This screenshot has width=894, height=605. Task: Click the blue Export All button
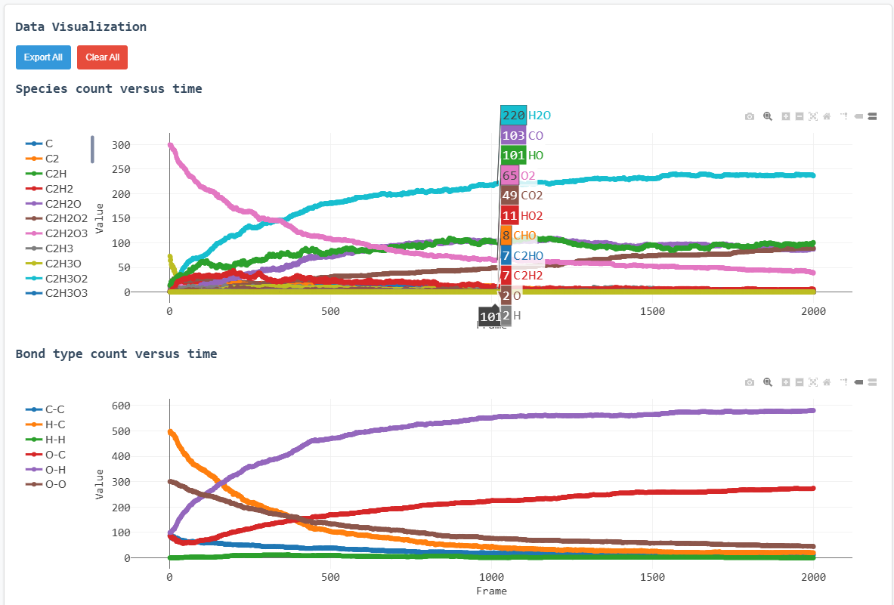pos(43,57)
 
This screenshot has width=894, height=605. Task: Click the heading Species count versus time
pos(109,88)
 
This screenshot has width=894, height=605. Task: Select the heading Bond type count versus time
pos(116,353)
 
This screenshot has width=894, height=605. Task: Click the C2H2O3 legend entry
pos(66,233)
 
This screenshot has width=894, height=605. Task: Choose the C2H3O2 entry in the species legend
pos(66,278)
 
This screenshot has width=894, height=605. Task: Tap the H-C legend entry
pos(54,424)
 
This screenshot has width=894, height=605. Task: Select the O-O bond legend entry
pos(54,484)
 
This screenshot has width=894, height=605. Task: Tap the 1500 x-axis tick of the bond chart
pos(652,577)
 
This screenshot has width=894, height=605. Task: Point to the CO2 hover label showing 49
pos(522,196)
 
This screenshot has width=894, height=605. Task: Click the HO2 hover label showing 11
pos(522,216)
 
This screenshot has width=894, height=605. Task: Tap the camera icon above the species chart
pos(749,117)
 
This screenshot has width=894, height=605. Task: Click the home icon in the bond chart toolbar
pos(827,382)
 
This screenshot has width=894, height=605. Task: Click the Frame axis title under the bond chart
pos(491,591)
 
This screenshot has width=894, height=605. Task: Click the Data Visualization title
pos(81,26)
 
